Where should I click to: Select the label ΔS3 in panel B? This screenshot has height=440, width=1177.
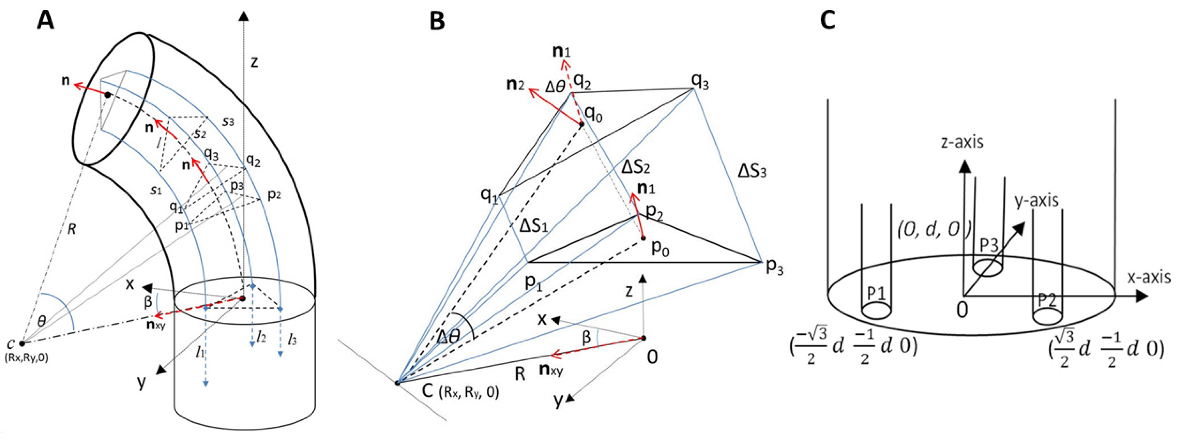coord(752,172)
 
